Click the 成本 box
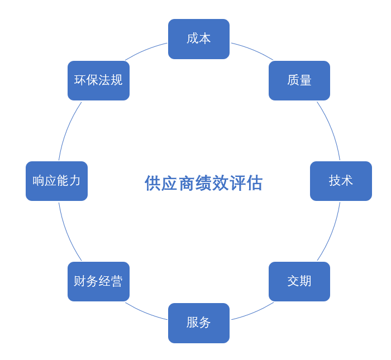coord(199,39)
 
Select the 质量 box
coord(299,80)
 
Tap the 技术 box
coord(341,181)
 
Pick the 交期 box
coord(299,281)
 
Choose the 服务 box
coord(199,323)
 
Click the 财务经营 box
coord(98,281)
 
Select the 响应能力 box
coord(56,181)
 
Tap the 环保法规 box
coord(98,80)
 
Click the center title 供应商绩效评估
coord(203,183)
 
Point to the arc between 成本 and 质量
coord(253,50)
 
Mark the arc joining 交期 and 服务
coord(253,312)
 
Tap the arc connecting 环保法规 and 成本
coord(145,49)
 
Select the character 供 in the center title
coord(153,183)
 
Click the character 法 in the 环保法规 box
coord(104,80)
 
